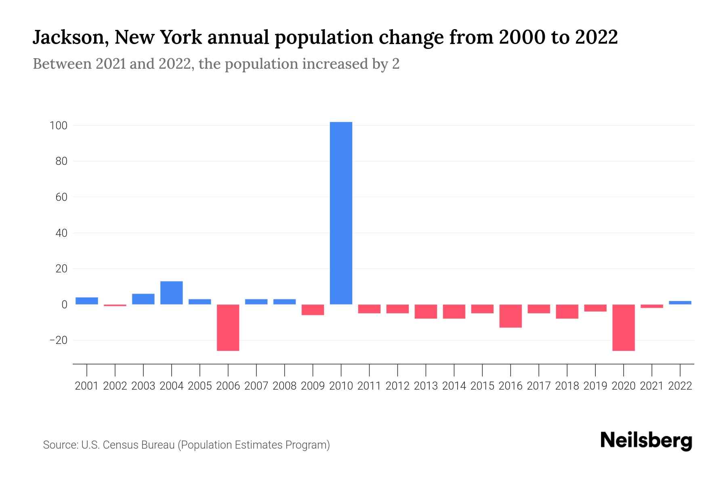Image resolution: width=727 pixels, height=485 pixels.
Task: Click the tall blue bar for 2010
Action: tap(341, 213)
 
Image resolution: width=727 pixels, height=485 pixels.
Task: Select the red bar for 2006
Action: tap(228, 327)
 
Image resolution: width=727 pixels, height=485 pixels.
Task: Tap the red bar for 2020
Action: tap(623, 327)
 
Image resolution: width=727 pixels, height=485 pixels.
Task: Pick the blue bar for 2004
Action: tap(171, 293)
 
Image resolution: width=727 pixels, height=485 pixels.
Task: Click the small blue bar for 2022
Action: tap(680, 302)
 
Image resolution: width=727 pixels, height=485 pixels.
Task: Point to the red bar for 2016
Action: tap(511, 316)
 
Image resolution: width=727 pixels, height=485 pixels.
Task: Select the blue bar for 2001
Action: tap(86, 301)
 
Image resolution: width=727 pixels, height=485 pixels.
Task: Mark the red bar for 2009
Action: tap(313, 310)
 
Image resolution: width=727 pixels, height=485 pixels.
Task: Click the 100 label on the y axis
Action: tap(58, 126)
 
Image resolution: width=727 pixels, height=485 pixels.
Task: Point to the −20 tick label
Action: tap(58, 340)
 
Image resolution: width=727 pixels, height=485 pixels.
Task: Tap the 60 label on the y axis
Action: tap(61, 197)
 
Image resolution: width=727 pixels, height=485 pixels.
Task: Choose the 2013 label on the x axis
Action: tap(426, 386)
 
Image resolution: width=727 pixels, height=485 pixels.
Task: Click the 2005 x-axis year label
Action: tap(200, 386)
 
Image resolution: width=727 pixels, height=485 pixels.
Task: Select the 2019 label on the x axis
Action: tap(595, 386)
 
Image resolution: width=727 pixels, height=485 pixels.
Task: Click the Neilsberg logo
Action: tap(646, 441)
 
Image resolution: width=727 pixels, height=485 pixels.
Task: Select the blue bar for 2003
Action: tap(143, 299)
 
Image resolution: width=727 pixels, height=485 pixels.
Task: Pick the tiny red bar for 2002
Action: tap(115, 305)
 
